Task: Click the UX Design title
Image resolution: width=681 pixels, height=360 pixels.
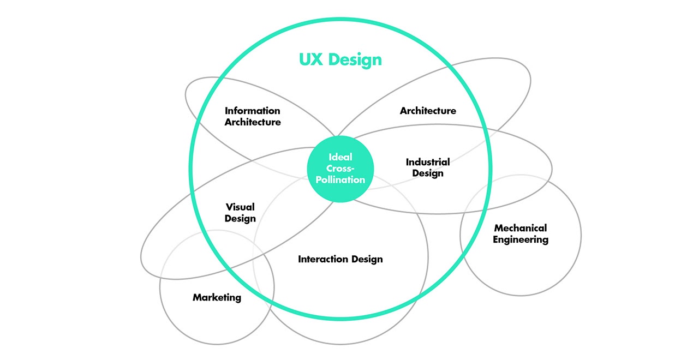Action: (340, 59)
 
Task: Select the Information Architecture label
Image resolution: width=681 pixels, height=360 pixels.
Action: (253, 116)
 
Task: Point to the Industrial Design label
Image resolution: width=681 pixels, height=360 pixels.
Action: (428, 167)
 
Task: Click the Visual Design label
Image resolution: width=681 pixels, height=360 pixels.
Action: (240, 213)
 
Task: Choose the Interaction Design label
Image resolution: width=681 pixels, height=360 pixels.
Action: (340, 259)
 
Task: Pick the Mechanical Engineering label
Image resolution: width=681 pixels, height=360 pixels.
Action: (521, 233)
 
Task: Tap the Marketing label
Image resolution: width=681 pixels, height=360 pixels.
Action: (217, 297)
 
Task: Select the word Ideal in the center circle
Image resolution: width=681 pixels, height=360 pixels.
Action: (340, 157)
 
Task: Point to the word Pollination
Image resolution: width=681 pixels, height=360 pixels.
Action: (340, 179)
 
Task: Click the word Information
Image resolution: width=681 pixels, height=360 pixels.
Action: (253, 111)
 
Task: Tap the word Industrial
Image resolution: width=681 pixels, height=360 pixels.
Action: (428, 162)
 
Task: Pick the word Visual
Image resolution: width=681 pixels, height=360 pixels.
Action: (240, 207)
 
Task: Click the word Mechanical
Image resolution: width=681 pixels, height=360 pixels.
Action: (521, 228)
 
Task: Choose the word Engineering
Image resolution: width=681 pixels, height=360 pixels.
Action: (521, 239)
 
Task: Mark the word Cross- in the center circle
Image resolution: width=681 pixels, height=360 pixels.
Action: (340, 168)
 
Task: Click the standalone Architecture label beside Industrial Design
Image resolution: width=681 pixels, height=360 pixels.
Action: (428, 111)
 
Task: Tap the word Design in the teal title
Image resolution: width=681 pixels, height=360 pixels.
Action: (355, 59)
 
